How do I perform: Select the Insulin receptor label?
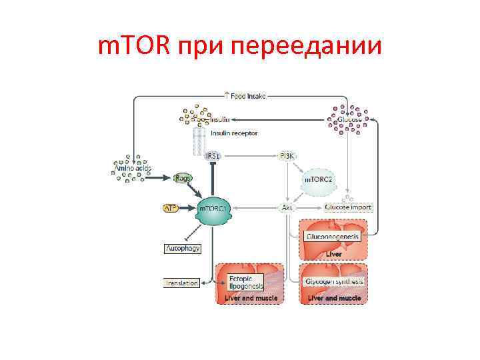click(x=234, y=133)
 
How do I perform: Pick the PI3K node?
click(x=287, y=156)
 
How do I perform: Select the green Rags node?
click(x=183, y=178)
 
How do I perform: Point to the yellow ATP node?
click(x=171, y=208)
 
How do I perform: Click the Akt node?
click(x=287, y=208)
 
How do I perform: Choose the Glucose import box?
click(x=348, y=208)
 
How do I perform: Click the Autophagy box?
click(x=183, y=248)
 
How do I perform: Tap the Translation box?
click(x=181, y=283)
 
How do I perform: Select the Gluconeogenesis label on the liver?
click(x=332, y=237)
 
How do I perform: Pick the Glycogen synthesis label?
click(x=334, y=281)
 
